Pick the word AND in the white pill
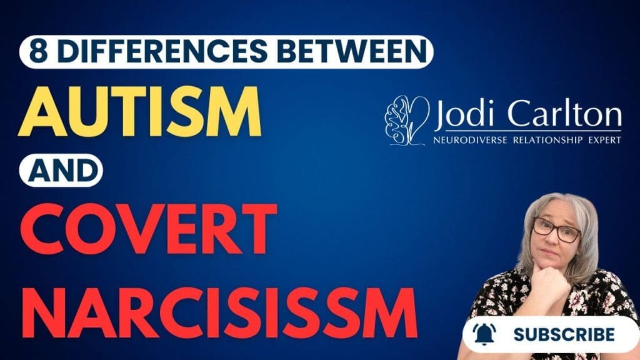click(x=60, y=169)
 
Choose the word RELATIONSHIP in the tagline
click(x=546, y=141)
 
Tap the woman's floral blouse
click(x=500, y=300)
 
